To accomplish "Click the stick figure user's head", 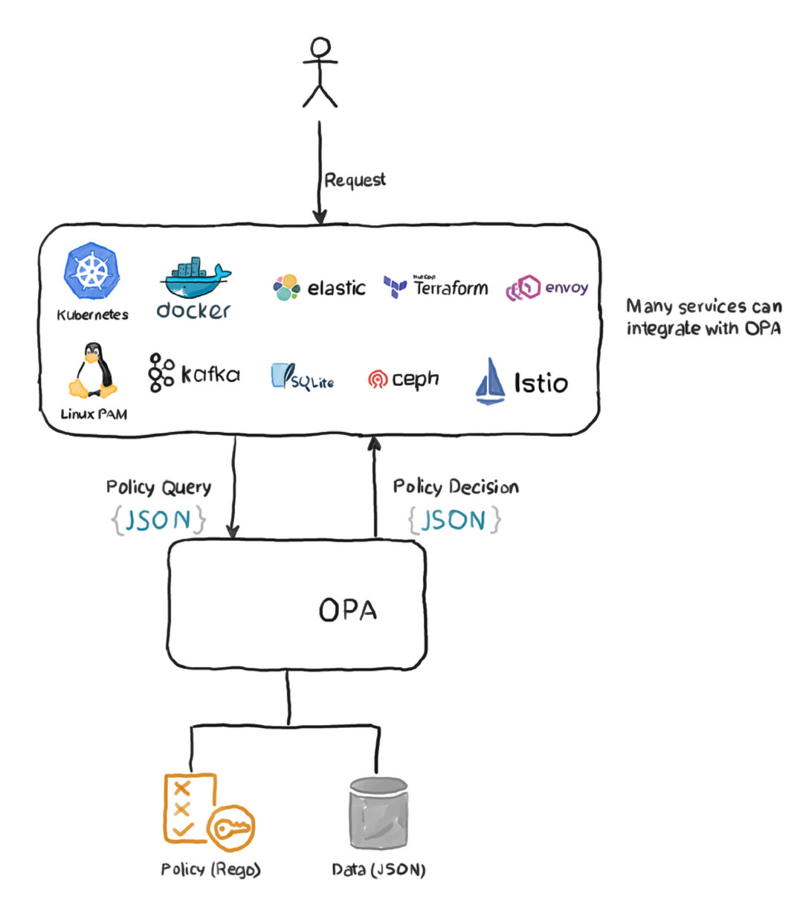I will (320, 49).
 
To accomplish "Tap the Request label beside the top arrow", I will (355, 180).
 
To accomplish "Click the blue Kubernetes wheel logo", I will (91, 271).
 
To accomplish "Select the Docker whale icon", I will (196, 279).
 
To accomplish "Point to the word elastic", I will (336, 288).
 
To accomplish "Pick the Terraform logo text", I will (451, 288).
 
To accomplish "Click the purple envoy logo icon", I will (523, 289).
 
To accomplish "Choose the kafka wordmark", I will (210, 373).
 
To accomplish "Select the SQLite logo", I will (302, 377).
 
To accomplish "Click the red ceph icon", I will (378, 380).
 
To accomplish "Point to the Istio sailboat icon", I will (490, 381).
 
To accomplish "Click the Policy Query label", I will (158, 487).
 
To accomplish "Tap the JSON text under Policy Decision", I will (454, 520).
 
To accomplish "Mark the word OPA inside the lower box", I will (347, 611).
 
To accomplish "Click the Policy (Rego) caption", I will (210, 869).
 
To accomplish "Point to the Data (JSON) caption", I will (378, 869).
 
